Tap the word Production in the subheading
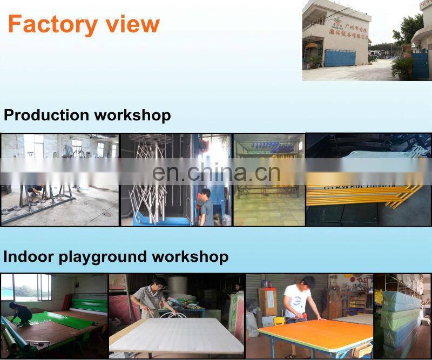(x=46, y=115)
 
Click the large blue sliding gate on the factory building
(x=340, y=58)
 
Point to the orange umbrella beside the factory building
(x=311, y=46)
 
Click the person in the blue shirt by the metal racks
(x=206, y=208)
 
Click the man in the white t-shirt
(x=297, y=300)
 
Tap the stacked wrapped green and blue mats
(x=402, y=318)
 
